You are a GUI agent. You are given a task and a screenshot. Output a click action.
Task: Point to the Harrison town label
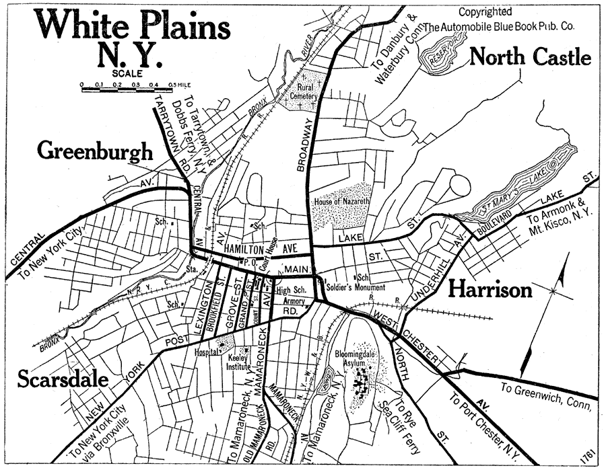coord(490,289)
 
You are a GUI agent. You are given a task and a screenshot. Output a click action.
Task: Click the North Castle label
coord(530,57)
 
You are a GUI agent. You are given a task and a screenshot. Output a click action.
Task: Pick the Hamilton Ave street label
coord(265,249)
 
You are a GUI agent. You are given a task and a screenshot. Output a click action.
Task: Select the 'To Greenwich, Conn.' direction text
coord(546,395)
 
